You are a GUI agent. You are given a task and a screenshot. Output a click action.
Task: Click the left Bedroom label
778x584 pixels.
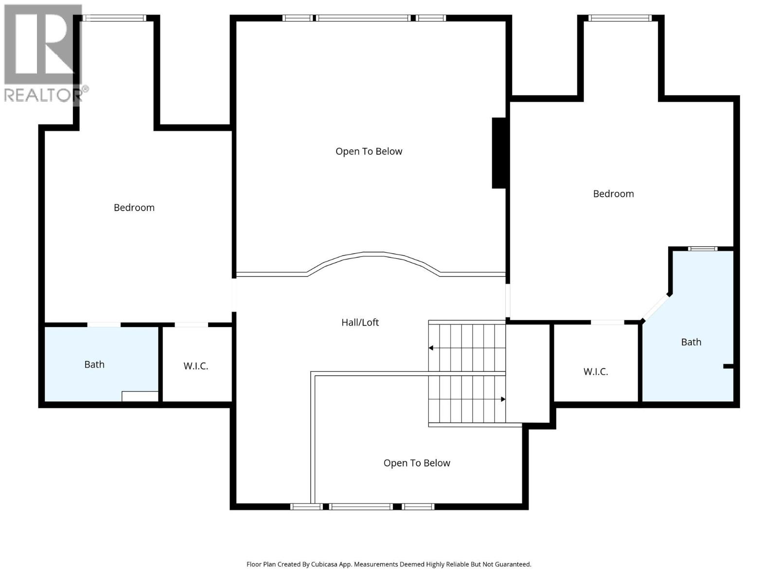134,207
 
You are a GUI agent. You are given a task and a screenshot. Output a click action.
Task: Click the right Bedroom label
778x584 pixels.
613,194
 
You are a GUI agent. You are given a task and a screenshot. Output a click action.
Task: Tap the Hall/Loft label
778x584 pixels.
360,322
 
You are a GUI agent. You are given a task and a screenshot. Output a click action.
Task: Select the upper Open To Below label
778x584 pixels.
369,151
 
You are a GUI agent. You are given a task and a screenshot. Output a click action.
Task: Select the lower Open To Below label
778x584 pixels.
417,463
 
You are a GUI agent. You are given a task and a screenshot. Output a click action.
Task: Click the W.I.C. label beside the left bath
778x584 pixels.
195,366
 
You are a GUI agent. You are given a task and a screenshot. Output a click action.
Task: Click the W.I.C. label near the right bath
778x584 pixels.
596,372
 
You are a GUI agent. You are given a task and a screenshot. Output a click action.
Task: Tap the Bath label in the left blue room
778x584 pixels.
94,365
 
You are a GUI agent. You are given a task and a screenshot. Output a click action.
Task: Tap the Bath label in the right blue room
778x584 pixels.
691,342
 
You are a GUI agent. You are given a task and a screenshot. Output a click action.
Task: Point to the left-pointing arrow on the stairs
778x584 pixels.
431,348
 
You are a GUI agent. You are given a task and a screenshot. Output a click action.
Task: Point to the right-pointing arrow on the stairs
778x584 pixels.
503,399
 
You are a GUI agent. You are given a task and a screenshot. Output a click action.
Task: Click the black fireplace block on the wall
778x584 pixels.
499,153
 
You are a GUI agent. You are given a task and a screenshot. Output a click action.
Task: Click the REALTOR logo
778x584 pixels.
44,54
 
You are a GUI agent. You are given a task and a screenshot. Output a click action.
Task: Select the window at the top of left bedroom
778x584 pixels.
114,18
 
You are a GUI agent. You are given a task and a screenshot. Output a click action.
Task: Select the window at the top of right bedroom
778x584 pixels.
619,18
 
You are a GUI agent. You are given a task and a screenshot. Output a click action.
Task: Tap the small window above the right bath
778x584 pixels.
703,249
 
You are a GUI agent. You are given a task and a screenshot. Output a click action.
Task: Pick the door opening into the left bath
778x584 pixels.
104,325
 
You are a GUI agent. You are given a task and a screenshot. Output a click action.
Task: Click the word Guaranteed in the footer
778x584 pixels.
513,565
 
